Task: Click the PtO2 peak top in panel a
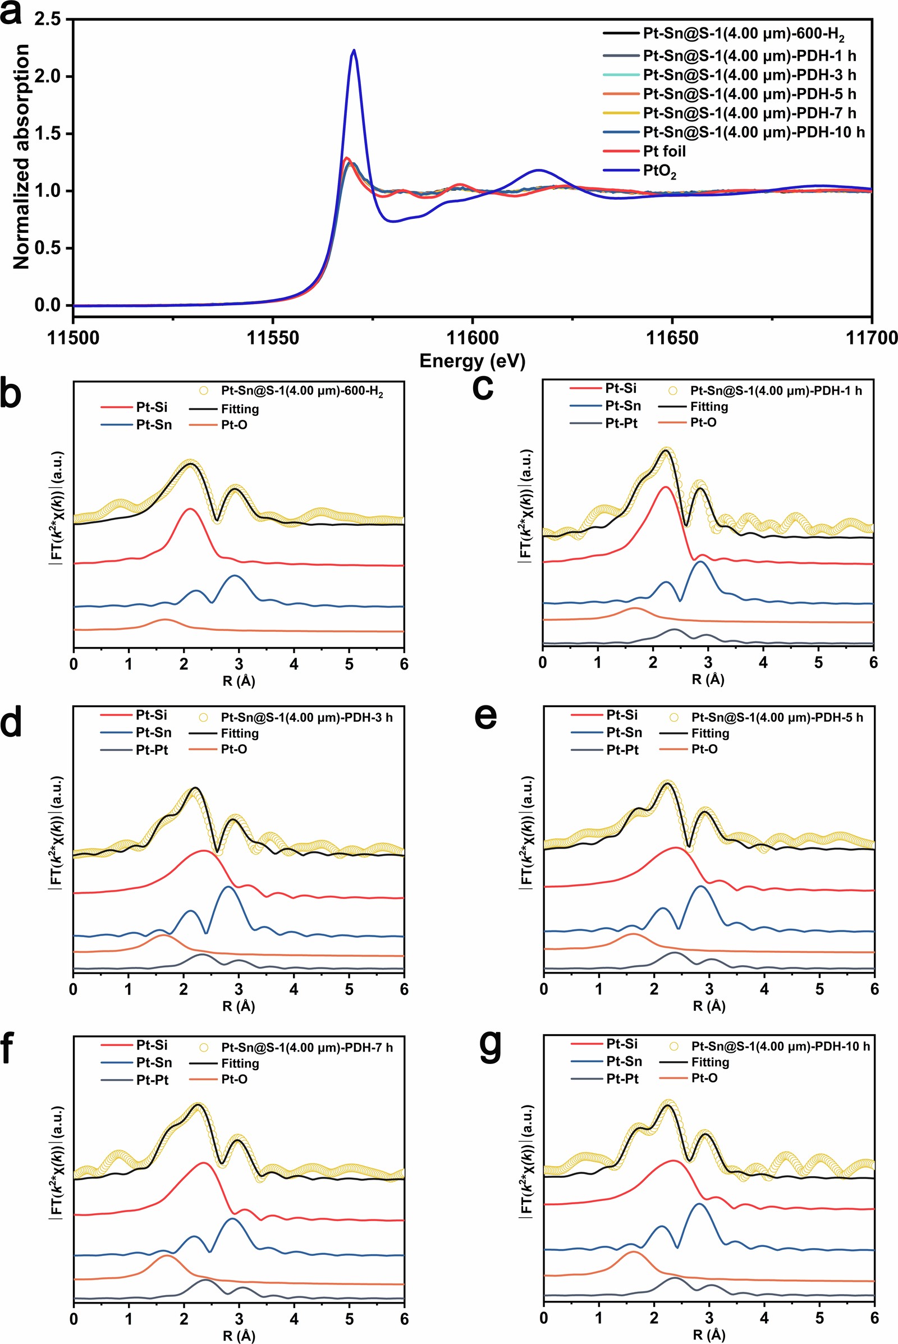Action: (354, 51)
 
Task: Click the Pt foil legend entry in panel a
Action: (664, 151)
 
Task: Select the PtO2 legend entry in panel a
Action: (659, 171)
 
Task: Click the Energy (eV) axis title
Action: (472, 361)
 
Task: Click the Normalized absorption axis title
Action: (21, 157)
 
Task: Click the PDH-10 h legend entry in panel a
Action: (753, 132)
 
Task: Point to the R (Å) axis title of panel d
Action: (238, 1006)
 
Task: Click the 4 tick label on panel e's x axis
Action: (764, 989)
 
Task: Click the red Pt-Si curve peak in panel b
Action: (190, 508)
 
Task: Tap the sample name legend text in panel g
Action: (780, 1046)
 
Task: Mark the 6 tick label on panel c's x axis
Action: (873, 663)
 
